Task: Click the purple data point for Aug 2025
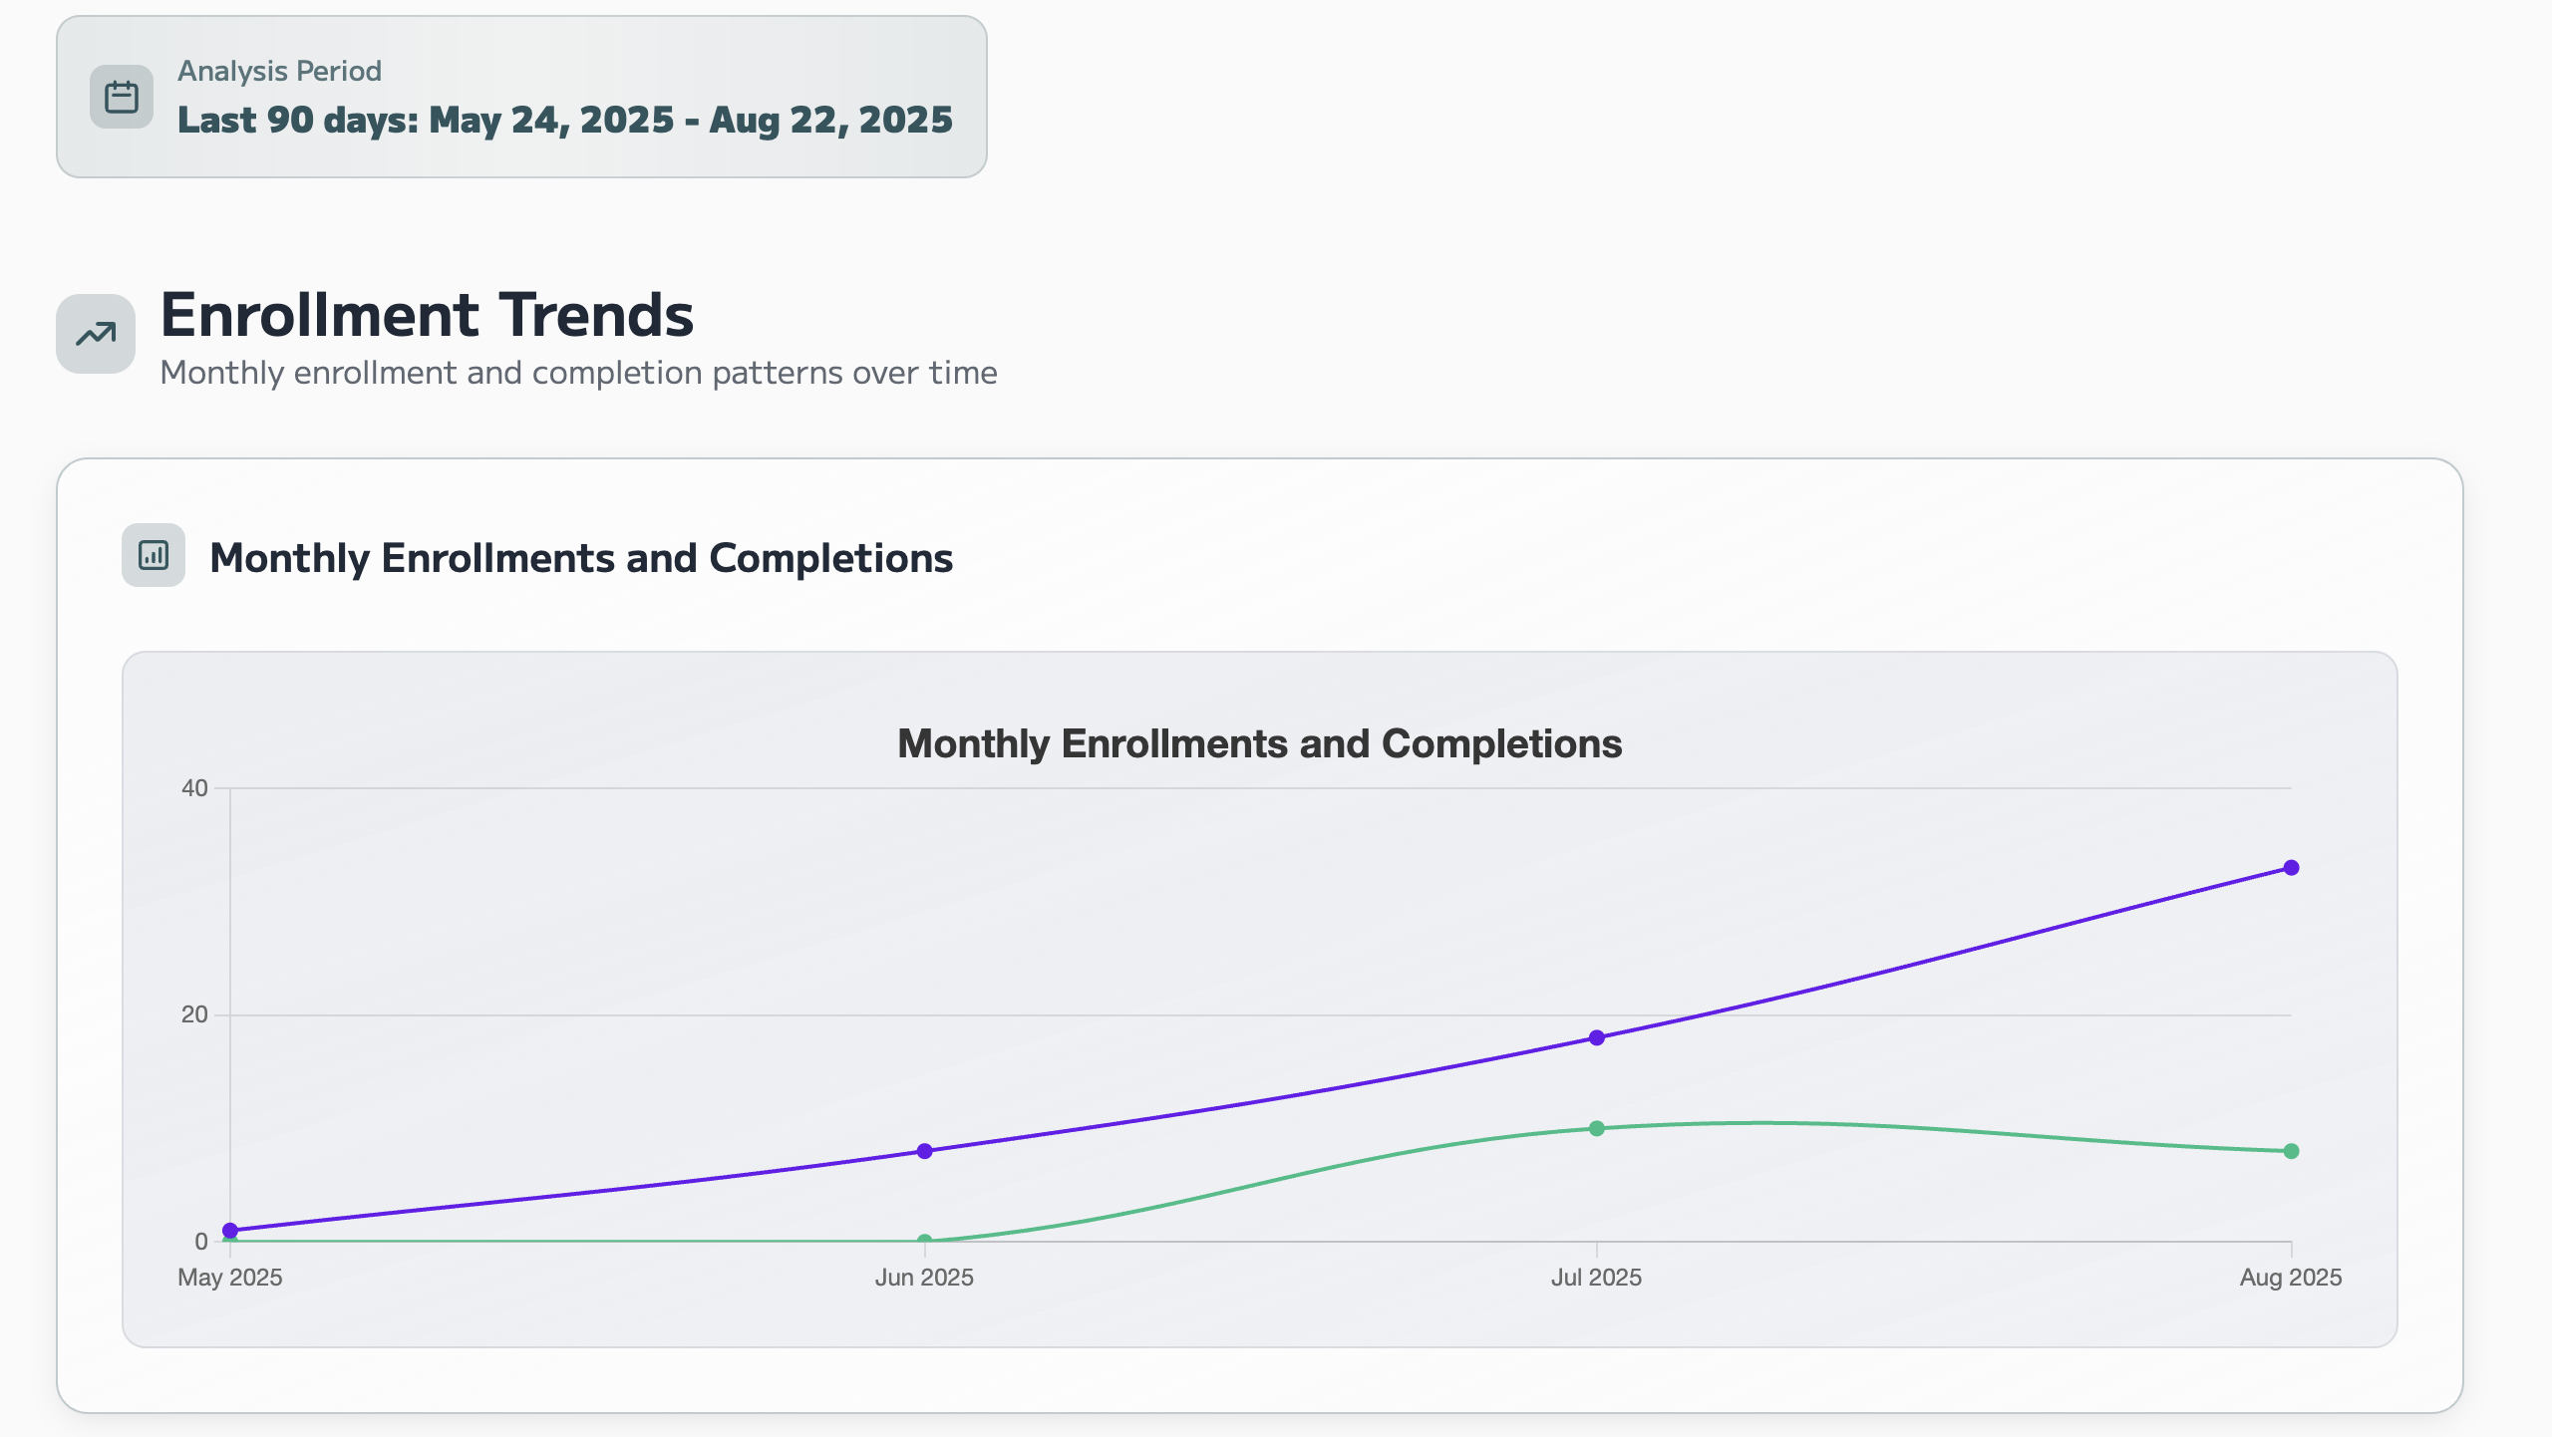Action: point(2291,868)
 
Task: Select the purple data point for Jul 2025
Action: point(1596,1037)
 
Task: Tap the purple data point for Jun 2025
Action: point(924,1151)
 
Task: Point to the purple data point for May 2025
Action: point(230,1231)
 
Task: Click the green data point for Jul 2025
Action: point(1596,1128)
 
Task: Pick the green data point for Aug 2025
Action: point(2291,1151)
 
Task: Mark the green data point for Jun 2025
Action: point(924,1241)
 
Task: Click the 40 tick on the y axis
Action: point(194,788)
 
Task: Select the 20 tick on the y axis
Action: point(194,1014)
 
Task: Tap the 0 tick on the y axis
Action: point(201,1242)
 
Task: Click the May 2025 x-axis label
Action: point(230,1278)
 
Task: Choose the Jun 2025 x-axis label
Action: point(924,1278)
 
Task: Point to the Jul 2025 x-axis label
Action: point(1596,1278)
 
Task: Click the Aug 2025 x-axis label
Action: point(2290,1278)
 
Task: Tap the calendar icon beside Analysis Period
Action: point(122,97)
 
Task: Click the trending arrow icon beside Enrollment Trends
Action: point(96,334)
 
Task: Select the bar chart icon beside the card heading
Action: point(154,555)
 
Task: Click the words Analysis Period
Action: point(279,71)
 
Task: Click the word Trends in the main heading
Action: point(595,315)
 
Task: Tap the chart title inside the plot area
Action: point(1259,744)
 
